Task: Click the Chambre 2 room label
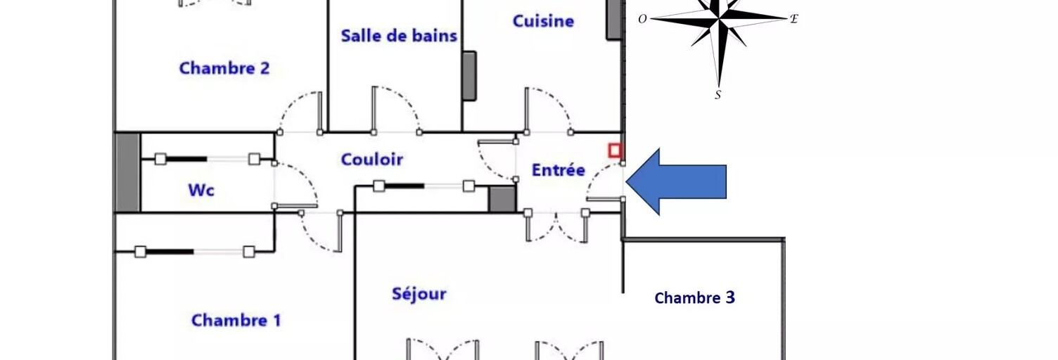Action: coord(224,68)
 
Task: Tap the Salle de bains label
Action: coord(399,36)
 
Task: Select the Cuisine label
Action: coord(543,21)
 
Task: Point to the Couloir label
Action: coord(372,160)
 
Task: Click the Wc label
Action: coord(200,190)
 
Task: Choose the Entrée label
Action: coord(558,170)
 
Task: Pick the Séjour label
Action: coord(419,294)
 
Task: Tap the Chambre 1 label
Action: coord(236,321)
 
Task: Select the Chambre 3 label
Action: coord(694,298)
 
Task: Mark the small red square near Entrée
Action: coord(615,150)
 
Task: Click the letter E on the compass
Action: coord(793,19)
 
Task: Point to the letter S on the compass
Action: coord(718,95)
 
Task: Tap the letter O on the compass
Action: coord(642,19)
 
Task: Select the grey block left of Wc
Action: coord(127,172)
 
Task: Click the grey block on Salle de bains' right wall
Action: coord(469,75)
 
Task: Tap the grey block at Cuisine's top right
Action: coord(614,19)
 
